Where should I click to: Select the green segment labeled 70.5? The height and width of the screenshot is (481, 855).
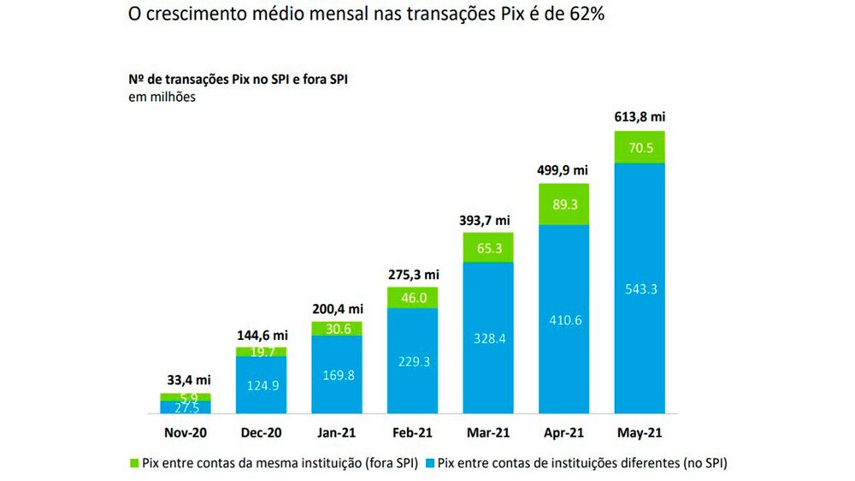(x=640, y=146)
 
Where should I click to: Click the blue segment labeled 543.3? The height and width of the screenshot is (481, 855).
(x=640, y=288)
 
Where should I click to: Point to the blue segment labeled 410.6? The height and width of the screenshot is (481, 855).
(x=563, y=319)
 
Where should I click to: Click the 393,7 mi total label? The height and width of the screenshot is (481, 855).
(x=487, y=220)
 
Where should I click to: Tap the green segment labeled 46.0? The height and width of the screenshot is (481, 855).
(x=412, y=297)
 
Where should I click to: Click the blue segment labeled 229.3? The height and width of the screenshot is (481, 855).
(x=412, y=362)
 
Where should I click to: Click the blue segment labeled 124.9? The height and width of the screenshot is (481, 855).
(x=261, y=385)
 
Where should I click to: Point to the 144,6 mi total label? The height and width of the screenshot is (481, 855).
(x=261, y=335)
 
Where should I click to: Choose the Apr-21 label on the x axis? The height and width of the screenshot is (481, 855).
(x=563, y=434)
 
